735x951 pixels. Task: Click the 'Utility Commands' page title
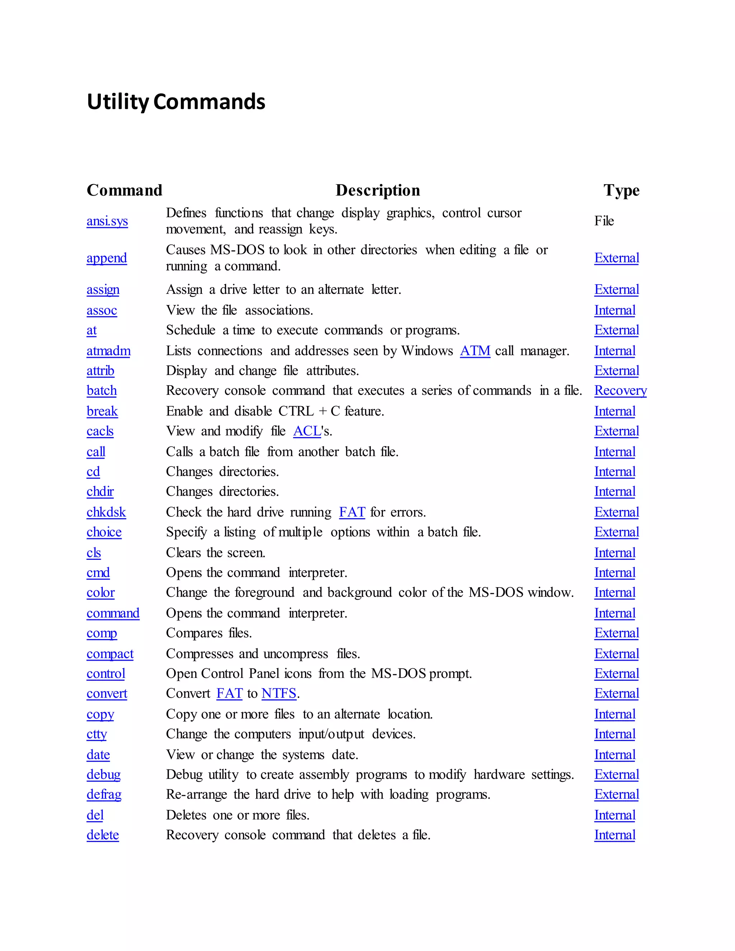(x=176, y=102)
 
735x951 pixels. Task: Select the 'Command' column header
(x=124, y=190)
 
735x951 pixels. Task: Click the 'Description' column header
(x=378, y=190)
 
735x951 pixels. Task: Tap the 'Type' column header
(x=621, y=190)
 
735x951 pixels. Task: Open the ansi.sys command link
(x=107, y=221)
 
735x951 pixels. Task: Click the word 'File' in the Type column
(x=604, y=221)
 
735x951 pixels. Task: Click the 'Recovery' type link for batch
(x=620, y=390)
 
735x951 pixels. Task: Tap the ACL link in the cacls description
(x=307, y=431)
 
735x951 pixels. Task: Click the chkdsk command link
(x=106, y=512)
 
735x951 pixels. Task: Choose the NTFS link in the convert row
(x=278, y=693)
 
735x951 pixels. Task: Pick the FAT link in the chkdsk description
(x=352, y=512)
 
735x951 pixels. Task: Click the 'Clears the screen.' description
(x=216, y=553)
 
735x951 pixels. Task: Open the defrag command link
(x=104, y=794)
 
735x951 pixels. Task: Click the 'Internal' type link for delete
(x=614, y=835)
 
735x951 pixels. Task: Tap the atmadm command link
(x=108, y=351)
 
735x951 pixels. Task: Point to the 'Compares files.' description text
(x=209, y=633)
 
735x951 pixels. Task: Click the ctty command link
(x=96, y=734)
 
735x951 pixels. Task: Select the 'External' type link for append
(x=616, y=258)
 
